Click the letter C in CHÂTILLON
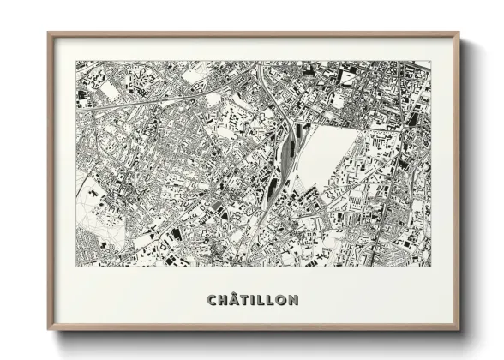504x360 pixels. pyautogui.click(x=212, y=300)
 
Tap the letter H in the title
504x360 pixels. pyautogui.click(x=224, y=300)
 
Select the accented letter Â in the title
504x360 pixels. pyautogui.click(x=236, y=300)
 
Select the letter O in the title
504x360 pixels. pyautogui.click(x=283, y=300)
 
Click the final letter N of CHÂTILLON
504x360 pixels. pyautogui.click(x=295, y=300)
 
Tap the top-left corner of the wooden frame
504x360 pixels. pyautogui.click(x=48, y=33)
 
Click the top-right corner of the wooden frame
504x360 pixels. pyautogui.click(x=460, y=33)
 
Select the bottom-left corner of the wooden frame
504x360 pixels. pyautogui.click(x=48, y=330)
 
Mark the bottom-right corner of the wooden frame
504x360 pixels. pyautogui.click(x=460, y=330)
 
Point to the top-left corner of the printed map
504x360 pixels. pyautogui.click(x=76, y=61)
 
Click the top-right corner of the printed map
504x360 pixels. pyautogui.click(x=430, y=61)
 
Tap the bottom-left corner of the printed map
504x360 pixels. pyautogui.click(x=76, y=266)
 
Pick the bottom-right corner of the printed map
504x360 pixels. pyautogui.click(x=430, y=266)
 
